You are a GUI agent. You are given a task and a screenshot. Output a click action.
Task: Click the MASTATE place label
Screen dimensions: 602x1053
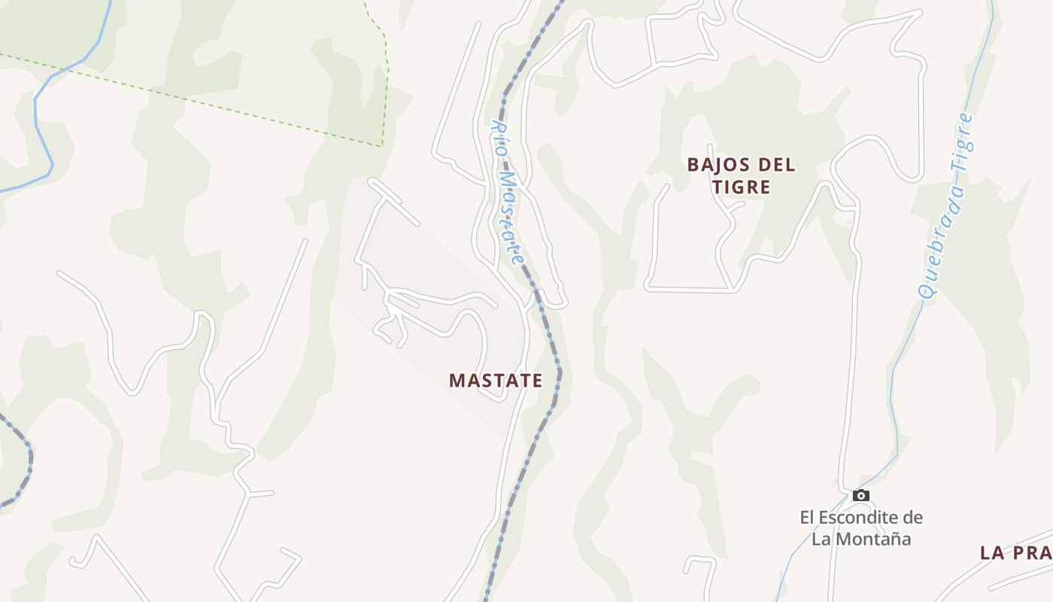click(x=495, y=381)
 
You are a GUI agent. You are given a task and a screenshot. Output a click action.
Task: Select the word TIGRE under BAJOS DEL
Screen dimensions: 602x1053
click(x=742, y=187)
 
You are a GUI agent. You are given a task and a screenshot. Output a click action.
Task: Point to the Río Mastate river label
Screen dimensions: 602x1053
click(x=508, y=193)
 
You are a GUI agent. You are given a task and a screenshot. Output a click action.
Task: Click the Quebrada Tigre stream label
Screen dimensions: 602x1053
click(x=946, y=205)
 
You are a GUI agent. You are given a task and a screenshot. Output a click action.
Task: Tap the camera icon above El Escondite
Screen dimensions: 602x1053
click(x=861, y=495)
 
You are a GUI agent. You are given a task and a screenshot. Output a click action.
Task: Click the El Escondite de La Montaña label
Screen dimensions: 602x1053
click(x=861, y=528)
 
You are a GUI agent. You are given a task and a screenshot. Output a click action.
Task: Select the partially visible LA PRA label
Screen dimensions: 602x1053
click(x=1015, y=553)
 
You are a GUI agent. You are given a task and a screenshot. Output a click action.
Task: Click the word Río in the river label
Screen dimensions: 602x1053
click(x=499, y=138)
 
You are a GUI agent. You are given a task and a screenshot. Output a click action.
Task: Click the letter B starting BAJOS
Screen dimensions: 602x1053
click(x=693, y=165)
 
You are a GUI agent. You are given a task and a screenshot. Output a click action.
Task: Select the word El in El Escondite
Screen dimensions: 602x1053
click(x=807, y=518)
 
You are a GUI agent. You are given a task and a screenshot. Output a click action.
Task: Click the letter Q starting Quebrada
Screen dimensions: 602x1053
click(x=927, y=290)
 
